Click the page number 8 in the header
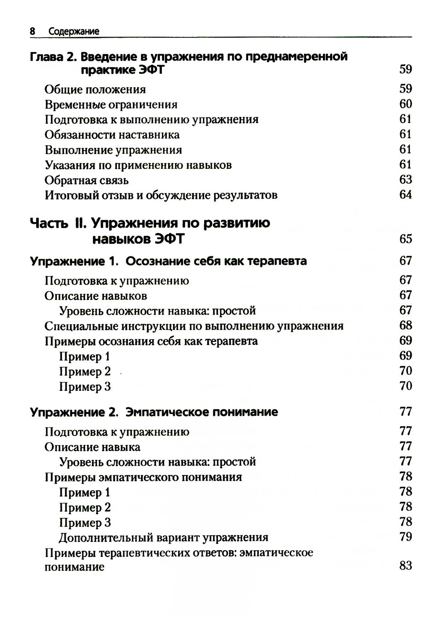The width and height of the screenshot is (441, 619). tap(32, 31)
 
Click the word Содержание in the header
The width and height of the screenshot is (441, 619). tap(74, 31)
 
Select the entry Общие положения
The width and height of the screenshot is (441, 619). tap(95, 89)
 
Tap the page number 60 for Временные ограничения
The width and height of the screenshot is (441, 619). tap(405, 104)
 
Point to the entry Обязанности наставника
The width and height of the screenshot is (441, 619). tap(112, 135)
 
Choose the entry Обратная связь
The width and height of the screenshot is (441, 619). tap(86, 180)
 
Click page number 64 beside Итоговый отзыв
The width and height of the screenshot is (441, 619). tap(405, 195)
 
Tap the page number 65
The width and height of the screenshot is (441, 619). tap(405, 239)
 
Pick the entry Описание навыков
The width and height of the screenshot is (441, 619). tap(96, 296)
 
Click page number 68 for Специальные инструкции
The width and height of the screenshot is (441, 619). tap(405, 326)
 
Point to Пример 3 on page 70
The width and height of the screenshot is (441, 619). tap(85, 387)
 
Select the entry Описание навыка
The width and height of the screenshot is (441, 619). tap(92, 447)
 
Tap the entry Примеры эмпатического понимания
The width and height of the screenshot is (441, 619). tap(143, 477)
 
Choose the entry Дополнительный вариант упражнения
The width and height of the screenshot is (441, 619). tap(164, 537)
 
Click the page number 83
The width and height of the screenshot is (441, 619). tap(405, 566)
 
